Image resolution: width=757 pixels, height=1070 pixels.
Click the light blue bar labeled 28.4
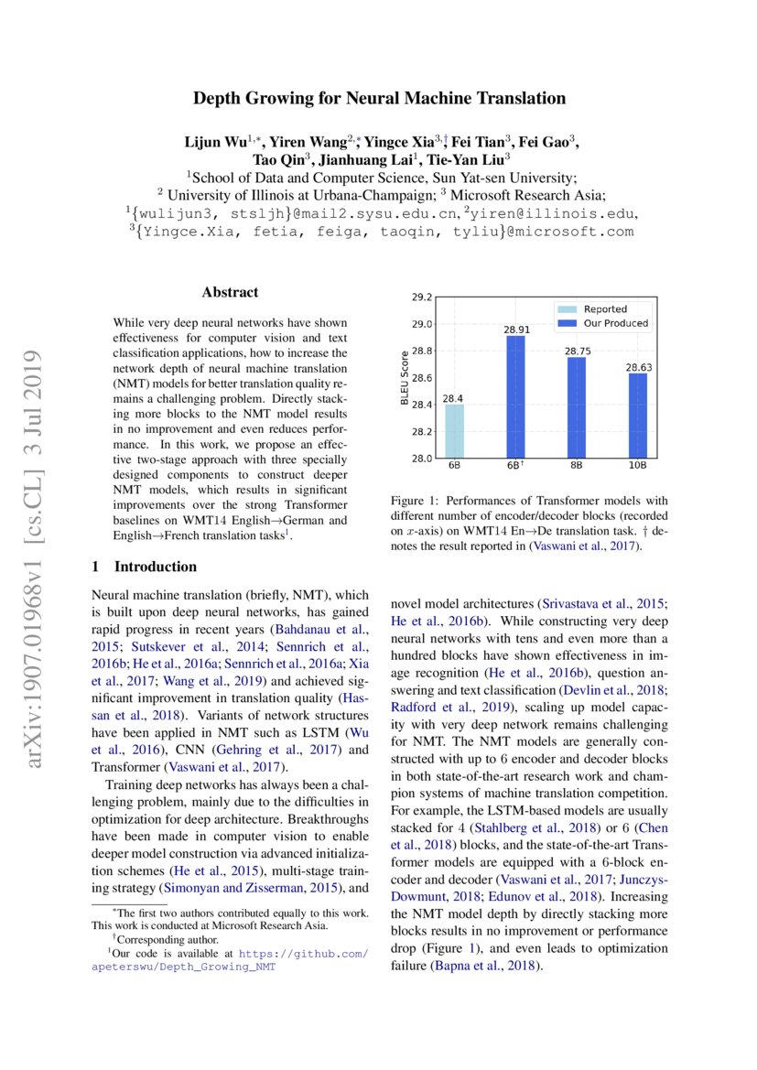pos(453,431)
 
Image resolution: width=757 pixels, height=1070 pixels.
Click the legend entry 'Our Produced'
pos(615,323)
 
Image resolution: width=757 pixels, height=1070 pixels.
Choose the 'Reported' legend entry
pos(605,309)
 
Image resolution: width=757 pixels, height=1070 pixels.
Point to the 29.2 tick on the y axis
pos(421,297)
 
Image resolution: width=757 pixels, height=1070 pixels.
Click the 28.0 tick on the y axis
pos(421,459)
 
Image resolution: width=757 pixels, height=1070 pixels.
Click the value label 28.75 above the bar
pos(577,351)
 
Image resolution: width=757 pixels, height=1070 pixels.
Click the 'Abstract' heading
pos(230,292)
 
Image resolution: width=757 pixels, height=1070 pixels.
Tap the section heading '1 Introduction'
pos(145,567)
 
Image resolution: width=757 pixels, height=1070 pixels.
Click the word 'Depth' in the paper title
pos(218,98)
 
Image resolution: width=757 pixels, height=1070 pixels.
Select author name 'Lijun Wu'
pos(211,142)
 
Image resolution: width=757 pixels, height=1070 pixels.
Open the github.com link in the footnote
pos(303,953)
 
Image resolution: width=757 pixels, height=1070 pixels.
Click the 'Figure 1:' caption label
pos(417,501)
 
